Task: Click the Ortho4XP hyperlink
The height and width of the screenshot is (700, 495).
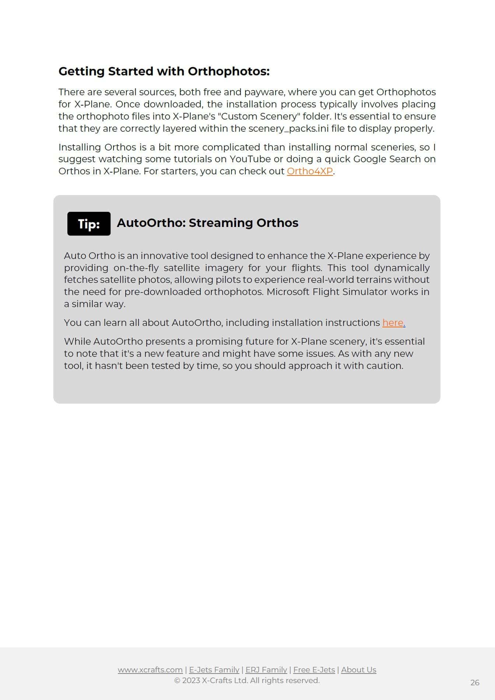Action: (x=310, y=171)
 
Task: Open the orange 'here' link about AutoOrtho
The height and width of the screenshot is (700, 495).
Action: (x=393, y=323)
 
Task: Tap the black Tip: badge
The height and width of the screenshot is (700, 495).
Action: (x=89, y=224)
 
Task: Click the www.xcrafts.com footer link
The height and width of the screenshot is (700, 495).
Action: (x=150, y=670)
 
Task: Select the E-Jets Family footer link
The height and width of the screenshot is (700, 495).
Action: (x=214, y=670)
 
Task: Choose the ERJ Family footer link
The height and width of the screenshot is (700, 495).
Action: (x=266, y=670)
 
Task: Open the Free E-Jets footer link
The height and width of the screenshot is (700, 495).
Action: (x=314, y=670)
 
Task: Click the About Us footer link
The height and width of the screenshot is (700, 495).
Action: (x=359, y=670)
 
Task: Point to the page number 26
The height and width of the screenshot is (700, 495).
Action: (x=475, y=683)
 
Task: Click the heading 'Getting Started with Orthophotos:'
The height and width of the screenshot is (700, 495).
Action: (x=164, y=71)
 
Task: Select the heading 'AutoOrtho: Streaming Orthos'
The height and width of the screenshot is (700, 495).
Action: (x=207, y=223)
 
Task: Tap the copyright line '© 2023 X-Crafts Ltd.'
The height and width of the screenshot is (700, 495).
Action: (x=247, y=681)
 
